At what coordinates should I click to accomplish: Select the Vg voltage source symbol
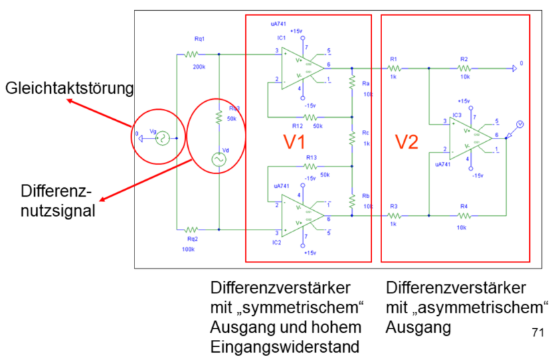(161, 139)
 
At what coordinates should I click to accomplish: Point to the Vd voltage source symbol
(218, 159)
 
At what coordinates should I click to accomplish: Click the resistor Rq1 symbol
(193, 54)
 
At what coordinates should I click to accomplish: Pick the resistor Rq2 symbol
(193, 229)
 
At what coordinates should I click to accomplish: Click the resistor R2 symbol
(464, 68)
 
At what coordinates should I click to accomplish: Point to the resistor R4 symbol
(464, 215)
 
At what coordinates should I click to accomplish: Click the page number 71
(537, 332)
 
